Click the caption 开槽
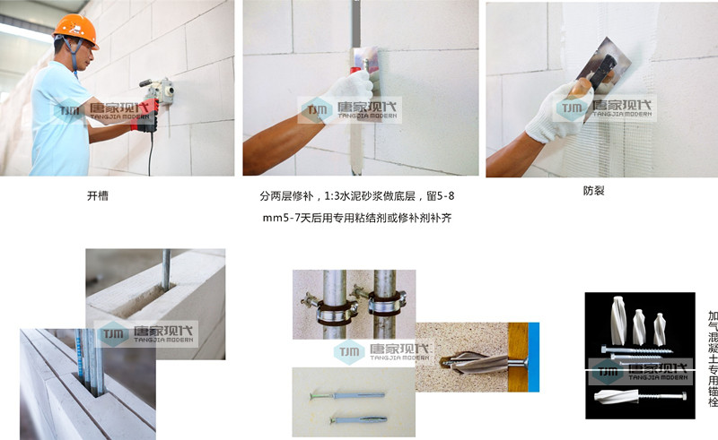pyautogui.click(x=98, y=195)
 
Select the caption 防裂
pyautogui.click(x=594, y=191)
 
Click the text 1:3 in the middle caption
pyautogui.click(x=331, y=196)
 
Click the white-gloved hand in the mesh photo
pyautogui.click(x=557, y=112)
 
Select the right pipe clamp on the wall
pyautogui.click(x=385, y=301)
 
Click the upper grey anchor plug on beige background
pyautogui.click(x=348, y=395)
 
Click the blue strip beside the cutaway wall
pyautogui.click(x=533, y=358)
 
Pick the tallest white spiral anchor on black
pyautogui.click(x=617, y=320)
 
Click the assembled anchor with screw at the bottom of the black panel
pyautogui.click(x=640, y=396)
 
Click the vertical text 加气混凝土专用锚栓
pyautogui.click(x=713, y=358)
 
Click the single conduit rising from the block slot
pyautogui.click(x=166, y=270)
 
